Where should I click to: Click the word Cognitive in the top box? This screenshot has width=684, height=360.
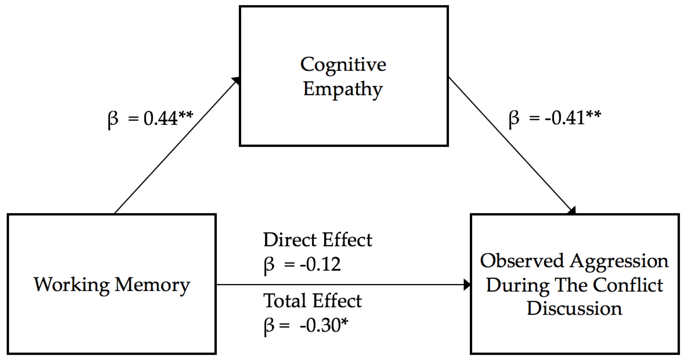pyautogui.click(x=343, y=65)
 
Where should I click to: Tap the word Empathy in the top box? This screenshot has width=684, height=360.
pyautogui.click(x=343, y=89)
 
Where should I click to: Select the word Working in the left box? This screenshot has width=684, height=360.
pyautogui.click(x=71, y=285)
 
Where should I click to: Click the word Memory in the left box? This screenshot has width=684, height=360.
pyautogui.click(x=152, y=285)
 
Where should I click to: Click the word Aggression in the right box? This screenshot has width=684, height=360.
pyautogui.click(x=619, y=261)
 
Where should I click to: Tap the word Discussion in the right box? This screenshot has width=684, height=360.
pyautogui.click(x=574, y=308)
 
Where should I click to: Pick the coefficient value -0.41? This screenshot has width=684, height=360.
pyautogui.click(x=564, y=118)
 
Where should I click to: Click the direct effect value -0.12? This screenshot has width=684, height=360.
pyautogui.click(x=320, y=264)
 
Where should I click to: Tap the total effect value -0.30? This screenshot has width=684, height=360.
pyautogui.click(x=320, y=325)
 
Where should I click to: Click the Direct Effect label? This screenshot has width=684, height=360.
pyautogui.click(x=318, y=240)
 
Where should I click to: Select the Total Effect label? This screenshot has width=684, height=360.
pyautogui.click(x=312, y=301)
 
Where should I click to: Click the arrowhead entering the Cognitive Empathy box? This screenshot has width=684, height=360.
pyautogui.click(x=236, y=80)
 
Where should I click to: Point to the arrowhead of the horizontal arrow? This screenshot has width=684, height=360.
pyautogui.click(x=467, y=285)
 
